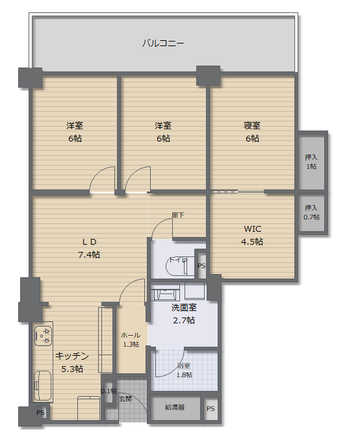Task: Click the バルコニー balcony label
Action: (x=163, y=43)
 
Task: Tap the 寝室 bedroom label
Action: (x=252, y=125)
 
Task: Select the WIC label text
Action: (x=253, y=229)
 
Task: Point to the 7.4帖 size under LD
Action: (x=89, y=255)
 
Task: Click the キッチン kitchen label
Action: (x=72, y=356)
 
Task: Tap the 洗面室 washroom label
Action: (x=184, y=307)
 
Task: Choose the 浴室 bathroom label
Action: (x=184, y=366)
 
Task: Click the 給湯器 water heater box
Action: (x=175, y=408)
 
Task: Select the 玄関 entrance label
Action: (x=125, y=399)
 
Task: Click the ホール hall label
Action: (x=131, y=335)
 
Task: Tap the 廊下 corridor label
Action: (x=177, y=215)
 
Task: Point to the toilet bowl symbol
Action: (x=177, y=266)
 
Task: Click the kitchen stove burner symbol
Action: (x=43, y=336)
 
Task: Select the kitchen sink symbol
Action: (x=43, y=386)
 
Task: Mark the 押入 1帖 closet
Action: (x=311, y=162)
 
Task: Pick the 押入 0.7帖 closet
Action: (x=311, y=213)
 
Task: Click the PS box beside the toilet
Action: (x=201, y=265)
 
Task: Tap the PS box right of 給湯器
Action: (x=211, y=408)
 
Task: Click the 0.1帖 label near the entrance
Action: (x=109, y=391)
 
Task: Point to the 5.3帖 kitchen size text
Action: (x=72, y=369)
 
